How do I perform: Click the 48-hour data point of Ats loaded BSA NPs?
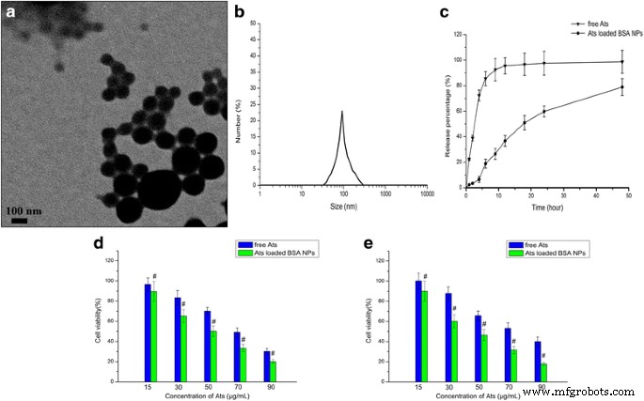click(621, 87)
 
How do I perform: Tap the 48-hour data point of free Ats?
click(621, 61)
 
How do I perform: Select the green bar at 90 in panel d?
click(272, 369)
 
